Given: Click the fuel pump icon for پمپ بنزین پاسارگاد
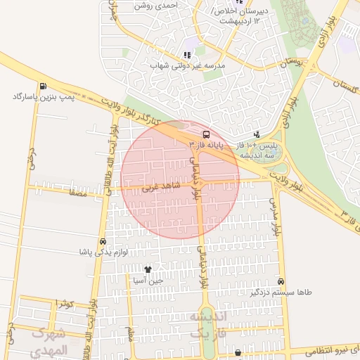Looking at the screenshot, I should pos(44,85).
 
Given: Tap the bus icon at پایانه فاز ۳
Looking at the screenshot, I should pos(205,134).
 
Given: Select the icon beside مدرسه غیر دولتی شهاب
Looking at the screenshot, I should pos(187,55).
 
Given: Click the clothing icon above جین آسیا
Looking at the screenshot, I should pos(148,269).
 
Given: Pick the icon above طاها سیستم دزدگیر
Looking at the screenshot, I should pos(281,281).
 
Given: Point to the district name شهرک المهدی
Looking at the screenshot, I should pos(49,340).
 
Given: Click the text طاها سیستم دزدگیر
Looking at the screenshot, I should pos(281,292).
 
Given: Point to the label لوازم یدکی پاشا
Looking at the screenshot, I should pos(103,252).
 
